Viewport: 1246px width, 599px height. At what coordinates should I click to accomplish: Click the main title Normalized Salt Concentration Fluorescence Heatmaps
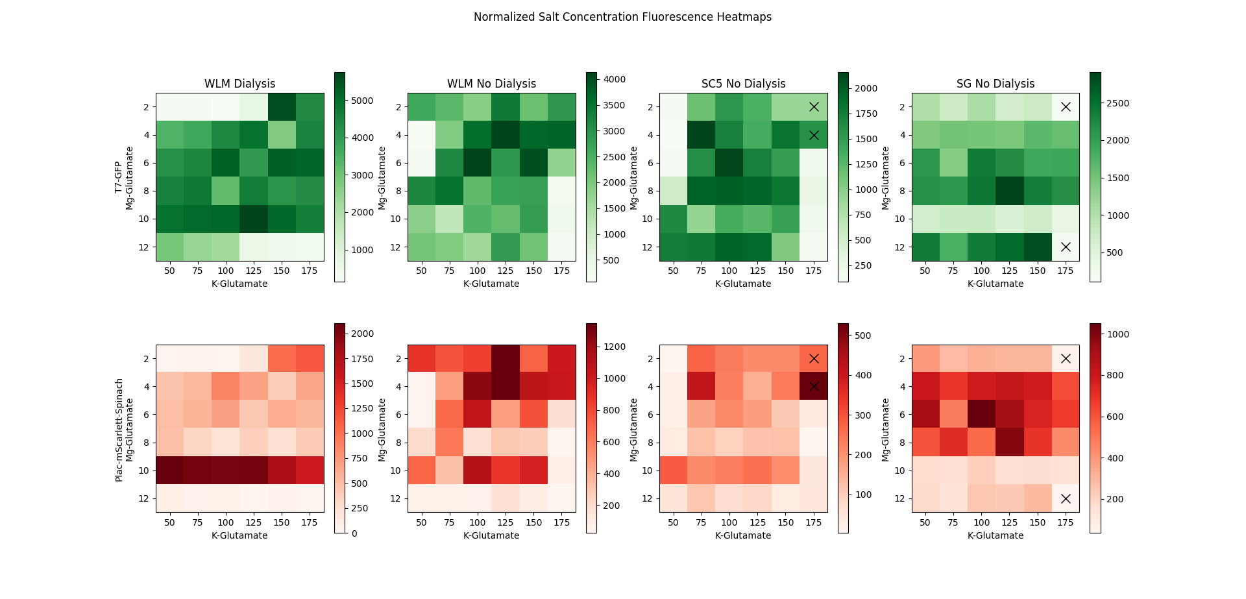point(622,17)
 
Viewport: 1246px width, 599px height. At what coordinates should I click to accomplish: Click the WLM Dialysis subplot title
point(239,84)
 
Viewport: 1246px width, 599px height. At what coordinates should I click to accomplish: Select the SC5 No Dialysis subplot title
point(743,84)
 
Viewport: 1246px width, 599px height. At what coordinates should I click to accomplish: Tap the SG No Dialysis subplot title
point(995,84)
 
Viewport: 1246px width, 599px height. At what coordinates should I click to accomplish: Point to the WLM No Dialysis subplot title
point(491,84)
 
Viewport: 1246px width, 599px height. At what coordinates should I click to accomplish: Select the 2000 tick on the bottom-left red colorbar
point(362,334)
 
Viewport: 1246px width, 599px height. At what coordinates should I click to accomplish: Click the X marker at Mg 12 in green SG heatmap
point(1066,247)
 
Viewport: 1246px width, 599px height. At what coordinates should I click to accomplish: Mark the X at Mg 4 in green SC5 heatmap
point(814,135)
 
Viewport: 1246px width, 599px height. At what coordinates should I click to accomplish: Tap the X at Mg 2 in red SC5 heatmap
point(814,358)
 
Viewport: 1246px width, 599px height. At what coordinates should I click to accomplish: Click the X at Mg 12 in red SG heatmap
point(1066,498)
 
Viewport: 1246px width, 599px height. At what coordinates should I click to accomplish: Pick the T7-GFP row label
point(118,177)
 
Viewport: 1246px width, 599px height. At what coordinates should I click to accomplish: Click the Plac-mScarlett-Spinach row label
point(119,430)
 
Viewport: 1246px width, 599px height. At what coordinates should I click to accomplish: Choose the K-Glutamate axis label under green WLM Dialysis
point(239,284)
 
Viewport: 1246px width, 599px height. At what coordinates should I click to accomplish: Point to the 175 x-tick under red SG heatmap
point(1066,522)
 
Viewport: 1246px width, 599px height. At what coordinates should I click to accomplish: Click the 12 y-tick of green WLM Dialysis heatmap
point(143,247)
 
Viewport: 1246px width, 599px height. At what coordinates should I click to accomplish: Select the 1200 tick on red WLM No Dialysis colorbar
point(614,347)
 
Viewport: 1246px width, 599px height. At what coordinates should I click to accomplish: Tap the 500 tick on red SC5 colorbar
point(863,336)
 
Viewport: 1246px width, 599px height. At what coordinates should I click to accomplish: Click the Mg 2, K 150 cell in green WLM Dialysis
point(282,106)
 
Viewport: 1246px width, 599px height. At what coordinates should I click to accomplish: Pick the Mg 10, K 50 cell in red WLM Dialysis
point(169,470)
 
